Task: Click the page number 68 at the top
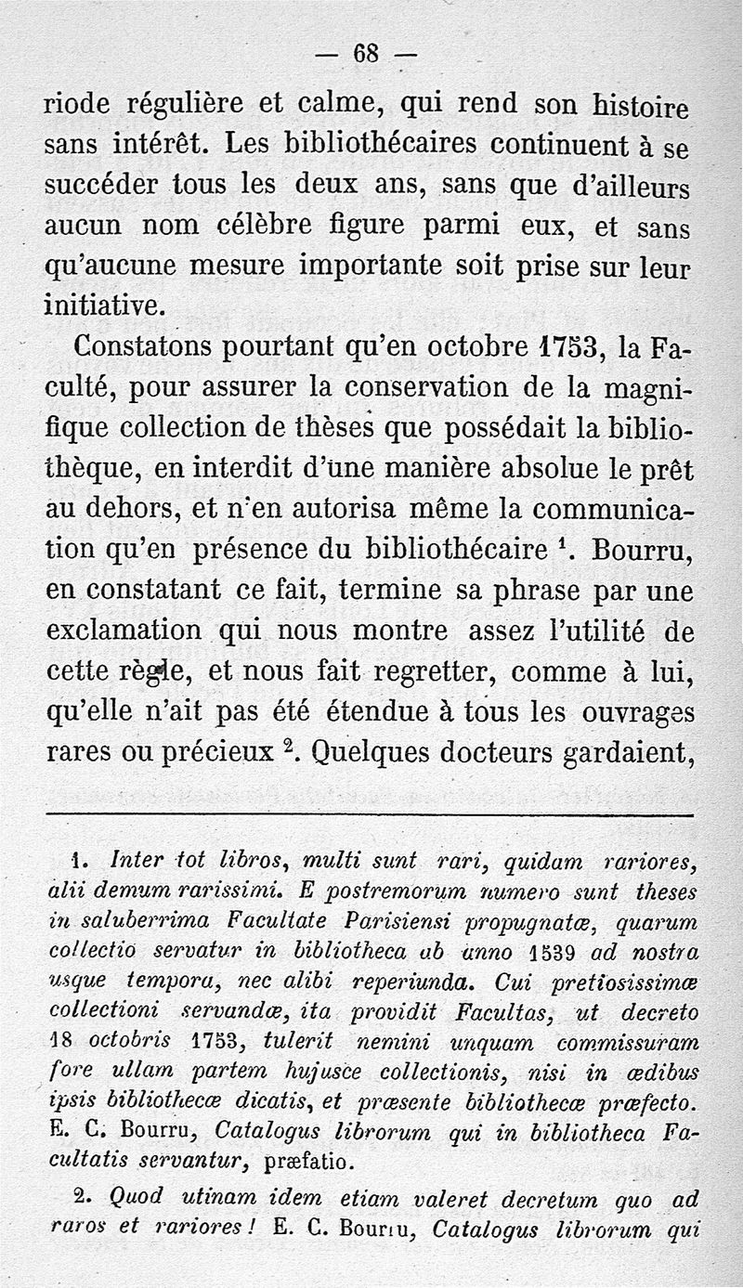366,54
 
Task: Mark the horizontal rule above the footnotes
370,815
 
